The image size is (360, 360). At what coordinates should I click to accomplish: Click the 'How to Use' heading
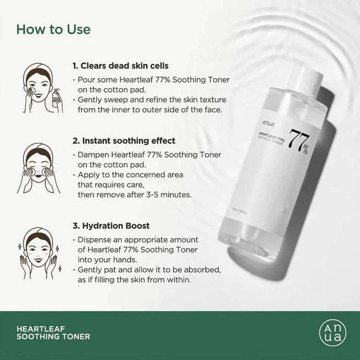click(x=53, y=29)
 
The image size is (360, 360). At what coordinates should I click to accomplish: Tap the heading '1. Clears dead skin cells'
click(x=120, y=66)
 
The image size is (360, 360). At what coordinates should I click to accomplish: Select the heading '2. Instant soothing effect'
click(x=124, y=141)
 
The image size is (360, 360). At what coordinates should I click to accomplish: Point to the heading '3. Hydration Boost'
click(x=111, y=226)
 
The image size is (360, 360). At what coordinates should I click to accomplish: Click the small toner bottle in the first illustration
click(x=57, y=100)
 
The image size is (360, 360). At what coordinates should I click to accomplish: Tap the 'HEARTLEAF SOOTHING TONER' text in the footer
click(x=53, y=332)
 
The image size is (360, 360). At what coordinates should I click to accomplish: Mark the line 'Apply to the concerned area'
click(x=127, y=175)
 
